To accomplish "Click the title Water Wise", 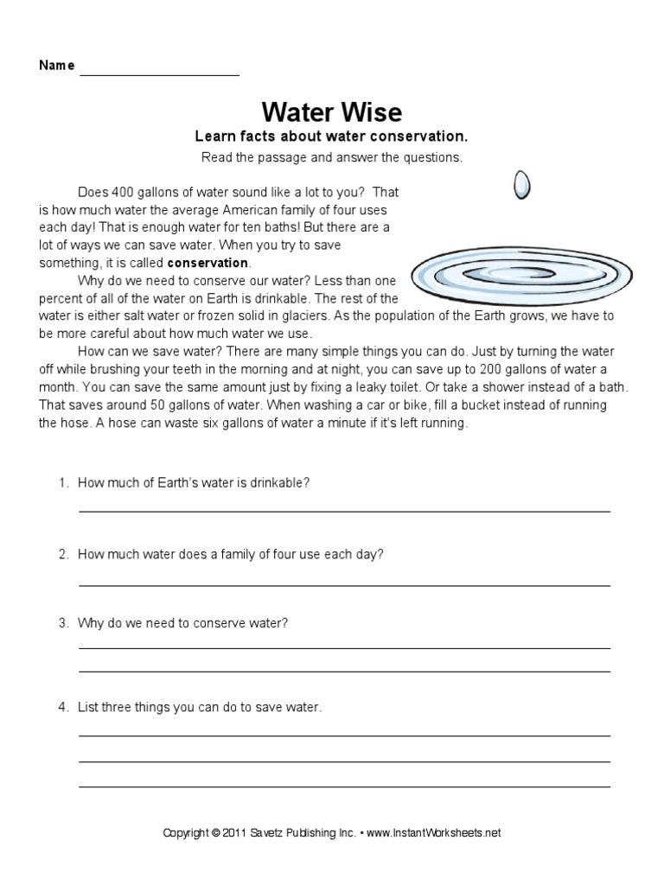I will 331,112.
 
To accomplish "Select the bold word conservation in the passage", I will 207,263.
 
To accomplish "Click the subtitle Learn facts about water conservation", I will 331,137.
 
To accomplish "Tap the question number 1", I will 63,483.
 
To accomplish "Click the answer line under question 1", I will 344,511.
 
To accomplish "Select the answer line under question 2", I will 344,585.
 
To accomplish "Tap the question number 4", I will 63,707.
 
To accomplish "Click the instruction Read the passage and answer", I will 332,157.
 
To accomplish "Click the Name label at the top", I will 55,67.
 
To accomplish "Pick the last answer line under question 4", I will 344,786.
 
